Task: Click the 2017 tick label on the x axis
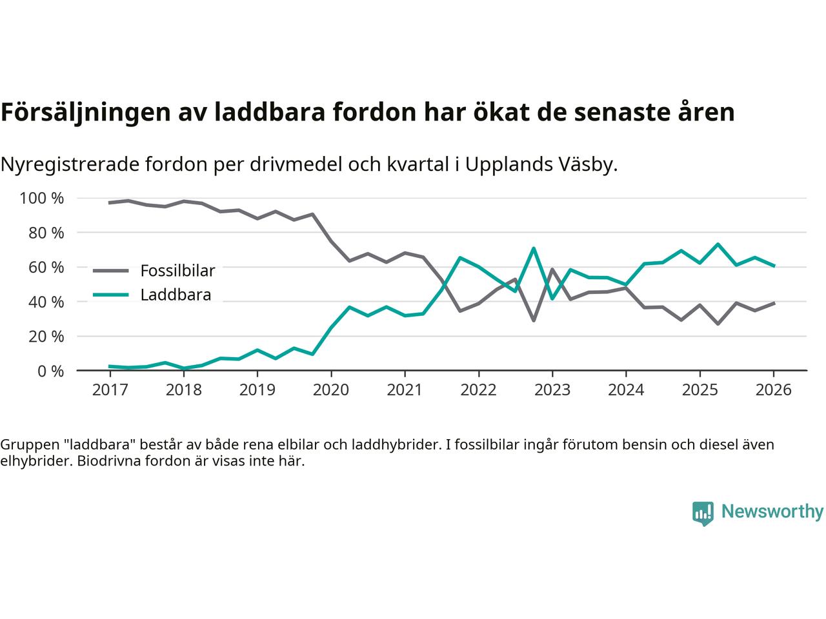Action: tap(110, 390)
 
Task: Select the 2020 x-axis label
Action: tap(331, 390)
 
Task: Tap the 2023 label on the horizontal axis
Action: tap(552, 390)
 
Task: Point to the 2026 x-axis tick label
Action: tap(774, 390)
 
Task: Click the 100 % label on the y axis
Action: tap(42, 198)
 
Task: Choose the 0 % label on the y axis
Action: tap(50, 371)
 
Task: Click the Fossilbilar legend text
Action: tap(177, 270)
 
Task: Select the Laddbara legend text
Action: tap(176, 295)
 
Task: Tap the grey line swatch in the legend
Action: tap(110, 271)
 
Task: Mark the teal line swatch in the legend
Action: tap(110, 295)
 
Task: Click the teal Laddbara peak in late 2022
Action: tap(534, 248)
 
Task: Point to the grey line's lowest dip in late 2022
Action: tap(534, 320)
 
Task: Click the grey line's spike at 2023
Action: tap(552, 269)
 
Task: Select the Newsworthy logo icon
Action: tap(703, 513)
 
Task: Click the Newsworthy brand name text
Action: tap(772, 512)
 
